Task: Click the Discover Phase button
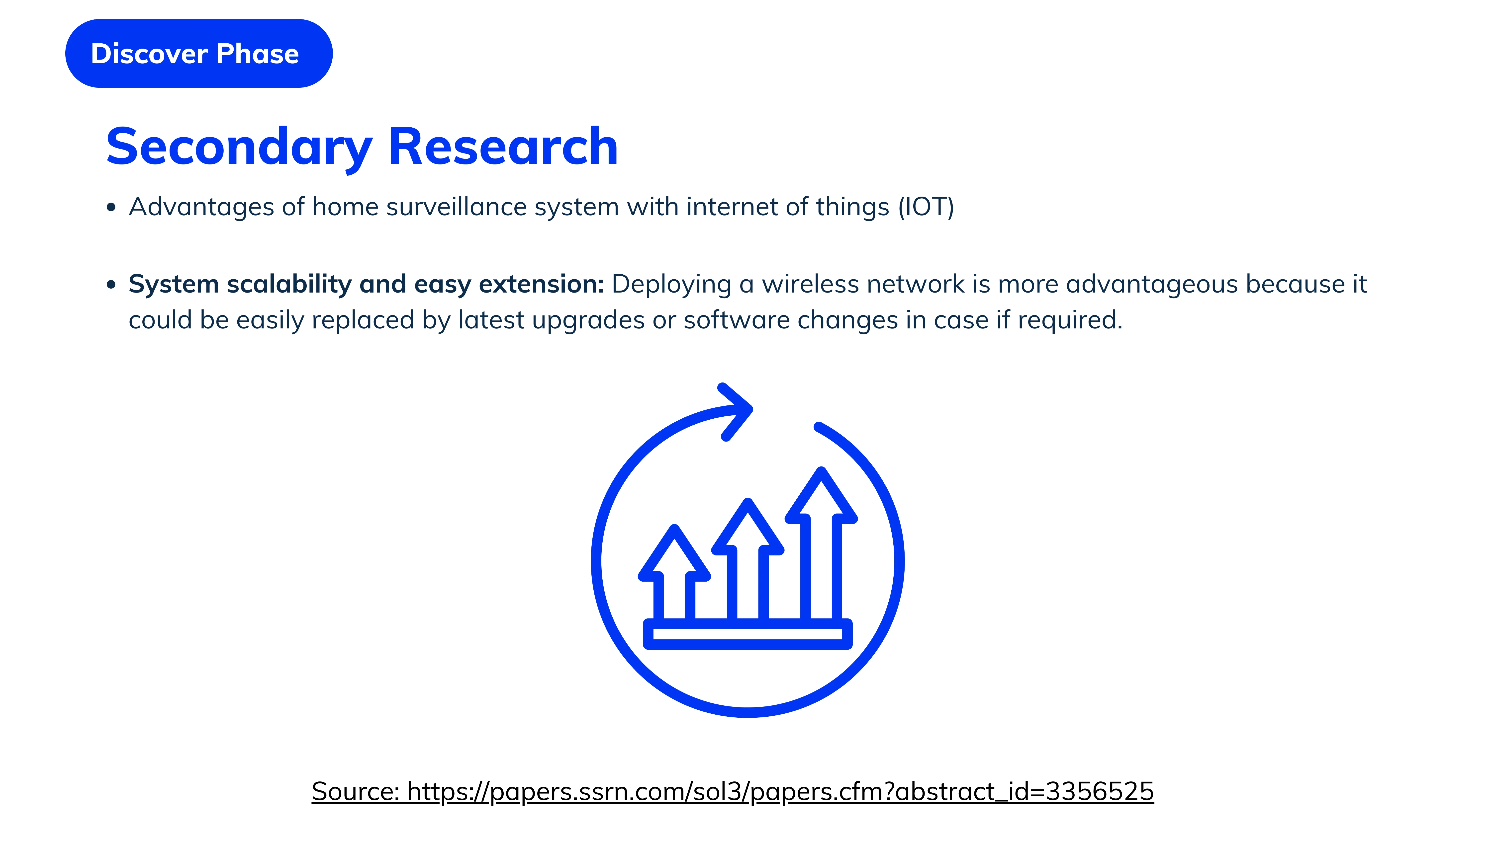point(199,53)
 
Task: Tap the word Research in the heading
point(503,147)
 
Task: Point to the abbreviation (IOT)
point(926,207)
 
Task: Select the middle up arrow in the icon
point(748,560)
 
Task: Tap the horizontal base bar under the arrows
point(748,634)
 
